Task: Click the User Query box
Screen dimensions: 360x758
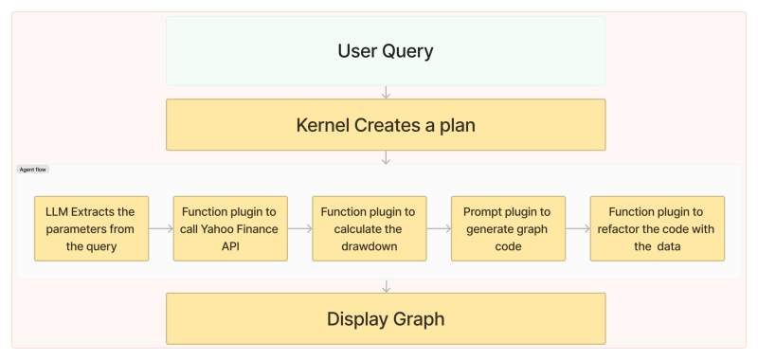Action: coord(385,51)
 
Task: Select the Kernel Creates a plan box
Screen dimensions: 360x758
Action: coord(385,125)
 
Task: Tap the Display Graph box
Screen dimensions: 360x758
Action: coord(385,318)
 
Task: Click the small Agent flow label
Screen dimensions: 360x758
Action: coord(33,170)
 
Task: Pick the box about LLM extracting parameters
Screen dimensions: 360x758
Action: coord(92,228)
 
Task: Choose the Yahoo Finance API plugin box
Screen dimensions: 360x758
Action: coord(230,228)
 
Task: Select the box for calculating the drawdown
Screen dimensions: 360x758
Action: coord(370,228)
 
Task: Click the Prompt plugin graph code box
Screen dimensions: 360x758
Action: coord(508,228)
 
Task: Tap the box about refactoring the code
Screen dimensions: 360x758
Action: coord(657,228)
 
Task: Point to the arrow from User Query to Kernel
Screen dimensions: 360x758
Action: coord(386,92)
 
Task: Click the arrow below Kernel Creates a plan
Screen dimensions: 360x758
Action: coord(386,157)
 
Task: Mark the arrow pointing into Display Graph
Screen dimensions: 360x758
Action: coord(386,285)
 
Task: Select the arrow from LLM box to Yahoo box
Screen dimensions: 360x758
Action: coord(161,228)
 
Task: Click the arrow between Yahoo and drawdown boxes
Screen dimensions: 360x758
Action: coord(299,228)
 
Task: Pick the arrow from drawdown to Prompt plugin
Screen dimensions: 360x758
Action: coord(439,228)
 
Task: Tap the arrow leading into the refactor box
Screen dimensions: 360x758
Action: coord(577,228)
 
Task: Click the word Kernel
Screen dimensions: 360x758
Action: coord(328,125)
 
